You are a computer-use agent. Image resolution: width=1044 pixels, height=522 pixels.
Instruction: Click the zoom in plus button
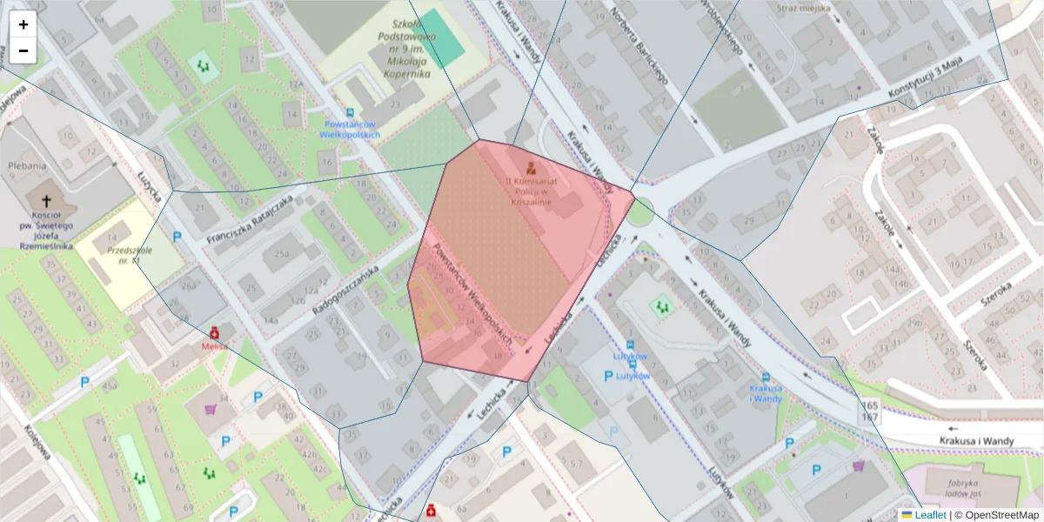(23, 24)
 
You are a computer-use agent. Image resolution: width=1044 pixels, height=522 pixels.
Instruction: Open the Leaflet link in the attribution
(929, 514)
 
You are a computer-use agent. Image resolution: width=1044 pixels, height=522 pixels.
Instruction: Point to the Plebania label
(26, 165)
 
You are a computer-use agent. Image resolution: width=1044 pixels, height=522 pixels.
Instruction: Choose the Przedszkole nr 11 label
(124, 254)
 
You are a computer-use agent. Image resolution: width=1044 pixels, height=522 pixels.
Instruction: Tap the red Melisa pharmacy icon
(214, 332)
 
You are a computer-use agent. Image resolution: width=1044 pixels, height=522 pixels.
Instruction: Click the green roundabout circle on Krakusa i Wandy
(640, 211)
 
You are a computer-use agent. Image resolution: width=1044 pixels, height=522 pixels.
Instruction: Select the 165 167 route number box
(870, 412)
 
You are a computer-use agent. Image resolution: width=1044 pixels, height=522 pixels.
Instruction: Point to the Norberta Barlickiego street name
(645, 52)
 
